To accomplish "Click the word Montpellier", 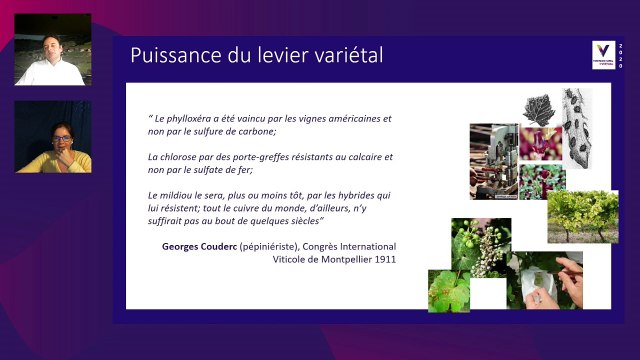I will tap(340, 259).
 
